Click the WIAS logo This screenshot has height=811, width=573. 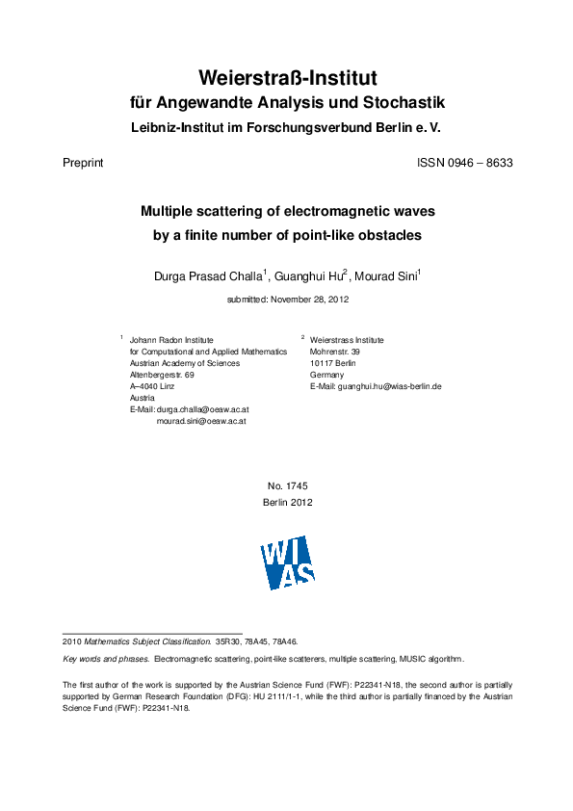pyautogui.click(x=287, y=562)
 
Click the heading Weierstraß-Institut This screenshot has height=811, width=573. pyautogui.click(x=287, y=77)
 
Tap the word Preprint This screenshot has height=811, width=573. pyautogui.click(x=82, y=163)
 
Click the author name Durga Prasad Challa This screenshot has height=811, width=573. pyautogui.click(x=208, y=276)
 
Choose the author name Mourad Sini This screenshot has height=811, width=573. pyautogui.click(x=385, y=276)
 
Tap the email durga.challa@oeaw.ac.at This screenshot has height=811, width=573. pyautogui.click(x=201, y=409)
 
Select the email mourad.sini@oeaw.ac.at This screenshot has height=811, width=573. pyautogui.click(x=201, y=421)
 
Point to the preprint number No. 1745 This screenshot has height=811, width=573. pyautogui.click(x=287, y=486)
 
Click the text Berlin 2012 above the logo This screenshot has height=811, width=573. pyautogui.click(x=287, y=502)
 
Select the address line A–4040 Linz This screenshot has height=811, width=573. pyautogui.click(x=152, y=386)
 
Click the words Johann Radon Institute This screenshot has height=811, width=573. pyautogui.click(x=171, y=340)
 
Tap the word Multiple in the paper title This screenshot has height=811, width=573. pyautogui.click(x=174, y=210)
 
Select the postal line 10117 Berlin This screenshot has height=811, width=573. pyautogui.click(x=333, y=363)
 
